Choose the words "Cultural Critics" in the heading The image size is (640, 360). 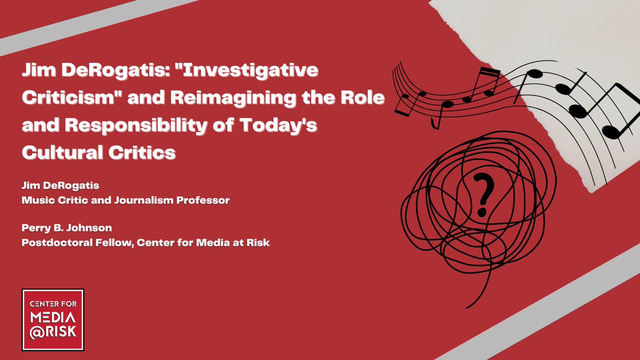pyautogui.click(x=99, y=153)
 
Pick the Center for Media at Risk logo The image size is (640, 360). pyautogui.click(x=53, y=319)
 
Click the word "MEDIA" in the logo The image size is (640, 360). pyautogui.click(x=53, y=318)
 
